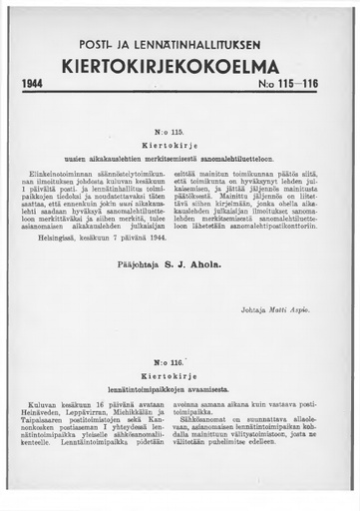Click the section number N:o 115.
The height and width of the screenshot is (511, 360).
point(180,133)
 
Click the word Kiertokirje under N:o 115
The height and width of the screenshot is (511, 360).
point(180,146)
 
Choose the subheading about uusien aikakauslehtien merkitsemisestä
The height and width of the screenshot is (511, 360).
point(180,159)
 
